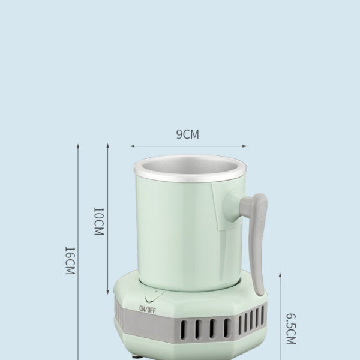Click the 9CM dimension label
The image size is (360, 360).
click(187, 134)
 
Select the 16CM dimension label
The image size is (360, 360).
click(70, 260)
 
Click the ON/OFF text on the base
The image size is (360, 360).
click(147, 309)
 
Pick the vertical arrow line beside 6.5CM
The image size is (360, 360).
click(280, 315)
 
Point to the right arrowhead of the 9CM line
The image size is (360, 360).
click(245, 145)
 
